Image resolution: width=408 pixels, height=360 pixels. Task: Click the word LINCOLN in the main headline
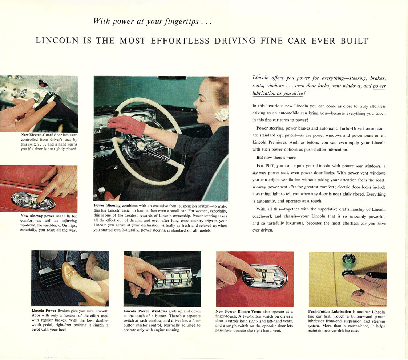(x=57, y=41)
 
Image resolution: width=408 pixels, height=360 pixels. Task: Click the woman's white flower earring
(x=221, y=114)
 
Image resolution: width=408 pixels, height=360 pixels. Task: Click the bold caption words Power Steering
(x=107, y=206)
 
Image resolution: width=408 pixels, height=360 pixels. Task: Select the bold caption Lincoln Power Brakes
(x=51, y=311)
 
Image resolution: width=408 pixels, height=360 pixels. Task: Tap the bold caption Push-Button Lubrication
(x=330, y=312)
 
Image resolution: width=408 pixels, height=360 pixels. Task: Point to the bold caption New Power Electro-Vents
(x=238, y=311)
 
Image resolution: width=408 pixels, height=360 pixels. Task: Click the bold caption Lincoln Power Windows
(x=145, y=311)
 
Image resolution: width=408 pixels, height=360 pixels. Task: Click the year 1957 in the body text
(x=270, y=166)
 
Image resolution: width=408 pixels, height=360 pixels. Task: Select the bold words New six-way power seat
(x=42, y=216)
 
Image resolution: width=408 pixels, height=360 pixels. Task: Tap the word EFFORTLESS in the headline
(x=180, y=41)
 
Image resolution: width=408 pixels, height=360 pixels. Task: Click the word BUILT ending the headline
(x=354, y=41)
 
